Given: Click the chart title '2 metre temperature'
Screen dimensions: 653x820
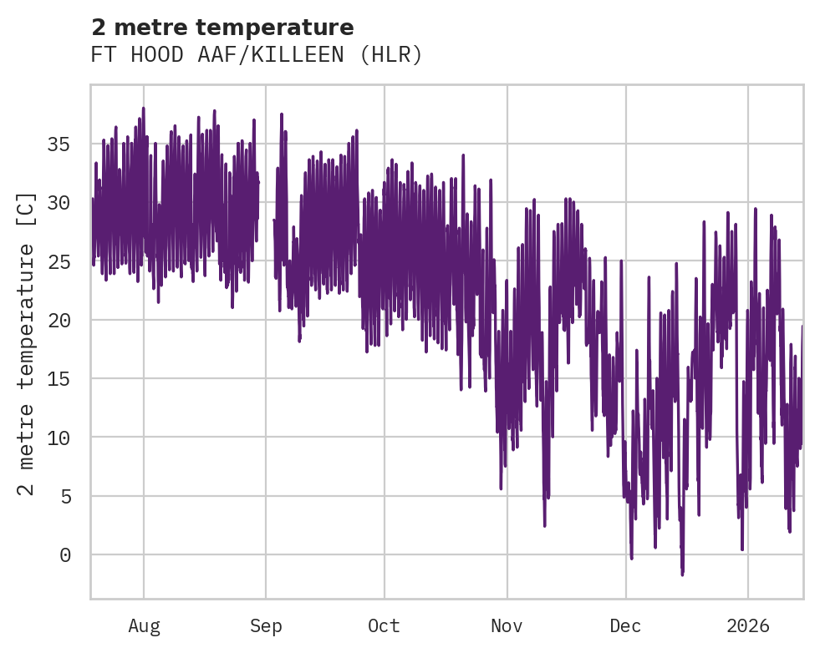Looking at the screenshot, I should tap(222, 28).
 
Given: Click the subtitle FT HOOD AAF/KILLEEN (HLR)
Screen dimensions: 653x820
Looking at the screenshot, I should tap(257, 55).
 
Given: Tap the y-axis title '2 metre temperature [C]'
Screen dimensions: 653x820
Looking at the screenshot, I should tap(27, 344).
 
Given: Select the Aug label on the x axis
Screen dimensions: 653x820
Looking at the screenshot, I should tap(144, 625).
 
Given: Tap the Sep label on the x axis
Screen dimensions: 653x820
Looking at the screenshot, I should tap(266, 625).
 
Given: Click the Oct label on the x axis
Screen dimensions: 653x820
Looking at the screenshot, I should tap(385, 625).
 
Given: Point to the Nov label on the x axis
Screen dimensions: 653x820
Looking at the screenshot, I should tap(507, 625).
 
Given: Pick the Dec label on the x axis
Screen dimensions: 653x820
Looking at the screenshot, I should tap(625, 625).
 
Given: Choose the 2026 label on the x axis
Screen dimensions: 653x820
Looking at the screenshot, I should tap(748, 625).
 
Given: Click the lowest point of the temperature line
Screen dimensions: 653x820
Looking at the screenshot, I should tap(682, 575).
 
